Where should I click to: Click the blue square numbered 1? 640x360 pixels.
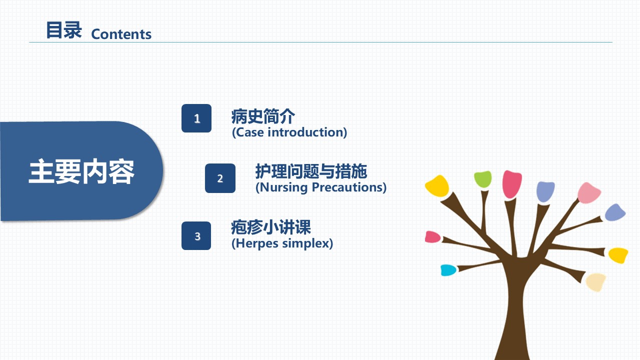click(x=196, y=118)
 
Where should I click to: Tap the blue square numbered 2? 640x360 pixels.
click(x=220, y=178)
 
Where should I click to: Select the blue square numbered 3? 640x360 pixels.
click(x=196, y=235)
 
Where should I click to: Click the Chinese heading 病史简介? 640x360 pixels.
click(x=263, y=116)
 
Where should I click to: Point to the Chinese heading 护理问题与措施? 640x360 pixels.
click(x=311, y=171)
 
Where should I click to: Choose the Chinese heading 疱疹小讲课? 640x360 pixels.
click(x=271, y=227)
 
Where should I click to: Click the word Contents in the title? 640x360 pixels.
click(x=121, y=34)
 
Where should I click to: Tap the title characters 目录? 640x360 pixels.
click(x=64, y=30)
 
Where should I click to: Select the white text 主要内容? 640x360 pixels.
click(x=81, y=171)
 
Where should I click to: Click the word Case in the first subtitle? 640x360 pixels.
click(x=249, y=132)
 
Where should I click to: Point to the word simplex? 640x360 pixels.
click(x=307, y=243)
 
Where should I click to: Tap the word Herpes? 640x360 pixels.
click(x=255, y=243)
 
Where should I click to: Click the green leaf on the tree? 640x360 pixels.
click(x=483, y=179)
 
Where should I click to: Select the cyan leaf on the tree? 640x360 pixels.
click(x=448, y=270)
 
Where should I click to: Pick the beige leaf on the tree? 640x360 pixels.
click(x=595, y=282)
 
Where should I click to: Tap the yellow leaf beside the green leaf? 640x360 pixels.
click(x=437, y=186)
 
